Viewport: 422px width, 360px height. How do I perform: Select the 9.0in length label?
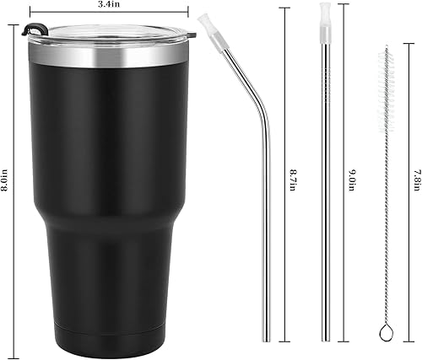pyautogui.click(x=350, y=179)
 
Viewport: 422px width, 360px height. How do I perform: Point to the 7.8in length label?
pyautogui.click(x=409, y=179)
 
